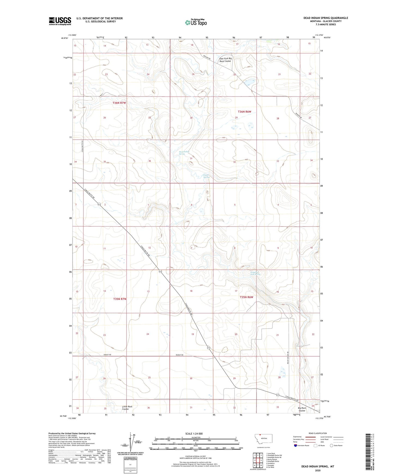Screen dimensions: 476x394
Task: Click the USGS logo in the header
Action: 60,21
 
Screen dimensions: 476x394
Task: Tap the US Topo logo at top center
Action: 196,22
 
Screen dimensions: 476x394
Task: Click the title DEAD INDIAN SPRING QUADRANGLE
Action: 326,18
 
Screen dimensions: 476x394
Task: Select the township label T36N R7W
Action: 119,103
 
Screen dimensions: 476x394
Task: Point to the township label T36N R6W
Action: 244,112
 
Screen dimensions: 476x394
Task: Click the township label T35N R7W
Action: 120,299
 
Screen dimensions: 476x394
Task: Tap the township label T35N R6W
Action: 246,297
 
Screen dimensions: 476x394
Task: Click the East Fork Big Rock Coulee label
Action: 225,60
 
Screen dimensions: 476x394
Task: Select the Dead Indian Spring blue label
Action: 184,153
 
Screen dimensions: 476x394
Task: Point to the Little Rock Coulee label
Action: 127,408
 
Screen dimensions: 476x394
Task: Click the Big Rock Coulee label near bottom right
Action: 302,409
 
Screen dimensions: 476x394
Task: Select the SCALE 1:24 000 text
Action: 194,433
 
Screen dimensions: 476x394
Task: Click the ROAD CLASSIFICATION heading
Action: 318,433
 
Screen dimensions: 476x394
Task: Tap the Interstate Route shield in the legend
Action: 296,445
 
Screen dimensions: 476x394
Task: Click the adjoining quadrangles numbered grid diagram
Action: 258,460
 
